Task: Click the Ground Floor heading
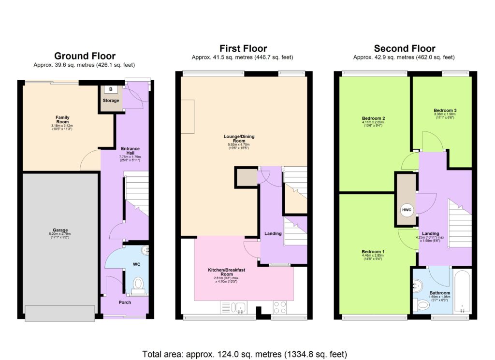(x=85, y=56)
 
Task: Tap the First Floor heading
(x=243, y=48)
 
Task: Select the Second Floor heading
(x=404, y=48)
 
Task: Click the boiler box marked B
(x=111, y=89)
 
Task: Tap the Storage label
(x=111, y=101)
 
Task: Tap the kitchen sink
(x=240, y=306)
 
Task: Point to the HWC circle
(x=406, y=211)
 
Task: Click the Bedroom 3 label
(x=445, y=111)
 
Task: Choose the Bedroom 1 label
(x=373, y=252)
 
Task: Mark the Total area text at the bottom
(x=245, y=353)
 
